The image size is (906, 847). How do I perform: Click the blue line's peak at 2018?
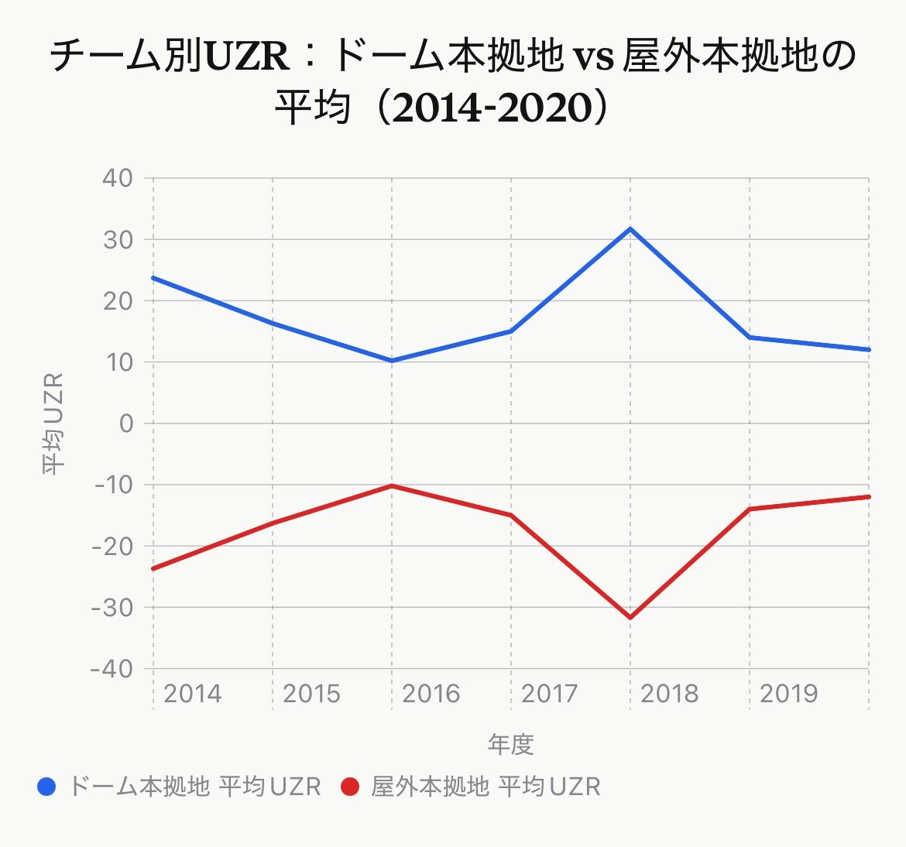tap(630, 229)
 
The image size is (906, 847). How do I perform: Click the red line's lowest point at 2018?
tap(630, 618)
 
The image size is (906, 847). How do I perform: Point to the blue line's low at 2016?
tap(392, 361)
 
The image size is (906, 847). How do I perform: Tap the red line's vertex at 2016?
tap(392, 486)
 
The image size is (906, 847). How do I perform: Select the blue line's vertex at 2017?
tap(511, 331)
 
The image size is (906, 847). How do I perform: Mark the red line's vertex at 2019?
tap(750, 509)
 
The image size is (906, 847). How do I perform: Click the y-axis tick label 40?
tap(118, 178)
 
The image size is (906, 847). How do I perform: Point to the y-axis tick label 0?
tap(126, 423)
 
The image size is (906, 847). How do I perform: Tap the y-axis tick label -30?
tap(112, 607)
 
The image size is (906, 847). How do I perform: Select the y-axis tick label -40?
tap(112, 669)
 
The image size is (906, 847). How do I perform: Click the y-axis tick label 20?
tap(118, 301)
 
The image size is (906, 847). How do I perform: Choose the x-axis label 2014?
tap(192, 693)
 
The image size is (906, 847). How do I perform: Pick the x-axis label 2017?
tap(550, 693)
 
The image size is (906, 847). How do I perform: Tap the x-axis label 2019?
tap(789, 693)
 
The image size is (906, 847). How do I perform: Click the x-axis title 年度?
tap(511, 744)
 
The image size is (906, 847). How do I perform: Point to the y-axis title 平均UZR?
tap(53, 423)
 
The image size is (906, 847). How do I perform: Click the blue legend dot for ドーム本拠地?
tap(46, 787)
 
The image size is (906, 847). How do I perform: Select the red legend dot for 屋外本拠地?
tap(350, 787)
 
